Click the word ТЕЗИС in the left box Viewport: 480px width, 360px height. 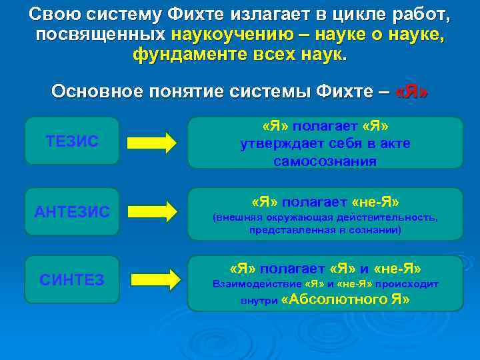pyautogui.click(x=72, y=141)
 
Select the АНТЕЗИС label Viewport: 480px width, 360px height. pyautogui.click(x=72, y=211)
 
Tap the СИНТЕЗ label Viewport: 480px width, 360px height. pyautogui.click(x=72, y=280)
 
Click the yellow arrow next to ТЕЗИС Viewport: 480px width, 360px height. pyautogui.click(x=151, y=142)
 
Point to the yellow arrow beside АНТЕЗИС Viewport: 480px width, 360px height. pyautogui.click(x=151, y=211)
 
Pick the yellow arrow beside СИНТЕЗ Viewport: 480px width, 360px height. pyautogui.click(x=155, y=279)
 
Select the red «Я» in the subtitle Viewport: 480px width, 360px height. pyautogui.click(x=411, y=91)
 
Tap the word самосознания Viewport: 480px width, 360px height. pyautogui.click(x=325, y=161)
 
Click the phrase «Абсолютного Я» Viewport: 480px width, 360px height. pyautogui.click(x=346, y=299)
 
